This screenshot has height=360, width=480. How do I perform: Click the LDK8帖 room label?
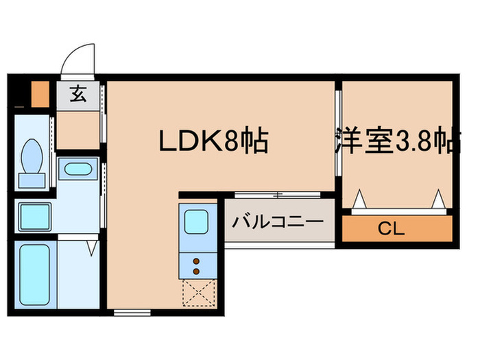(x=213, y=142)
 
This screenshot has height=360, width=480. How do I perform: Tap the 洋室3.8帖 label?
(x=397, y=142)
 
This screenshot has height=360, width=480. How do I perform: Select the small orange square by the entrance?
(x=39, y=93)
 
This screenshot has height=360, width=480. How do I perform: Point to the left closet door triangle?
(x=359, y=200)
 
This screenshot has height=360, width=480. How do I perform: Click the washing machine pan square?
(x=34, y=217)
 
